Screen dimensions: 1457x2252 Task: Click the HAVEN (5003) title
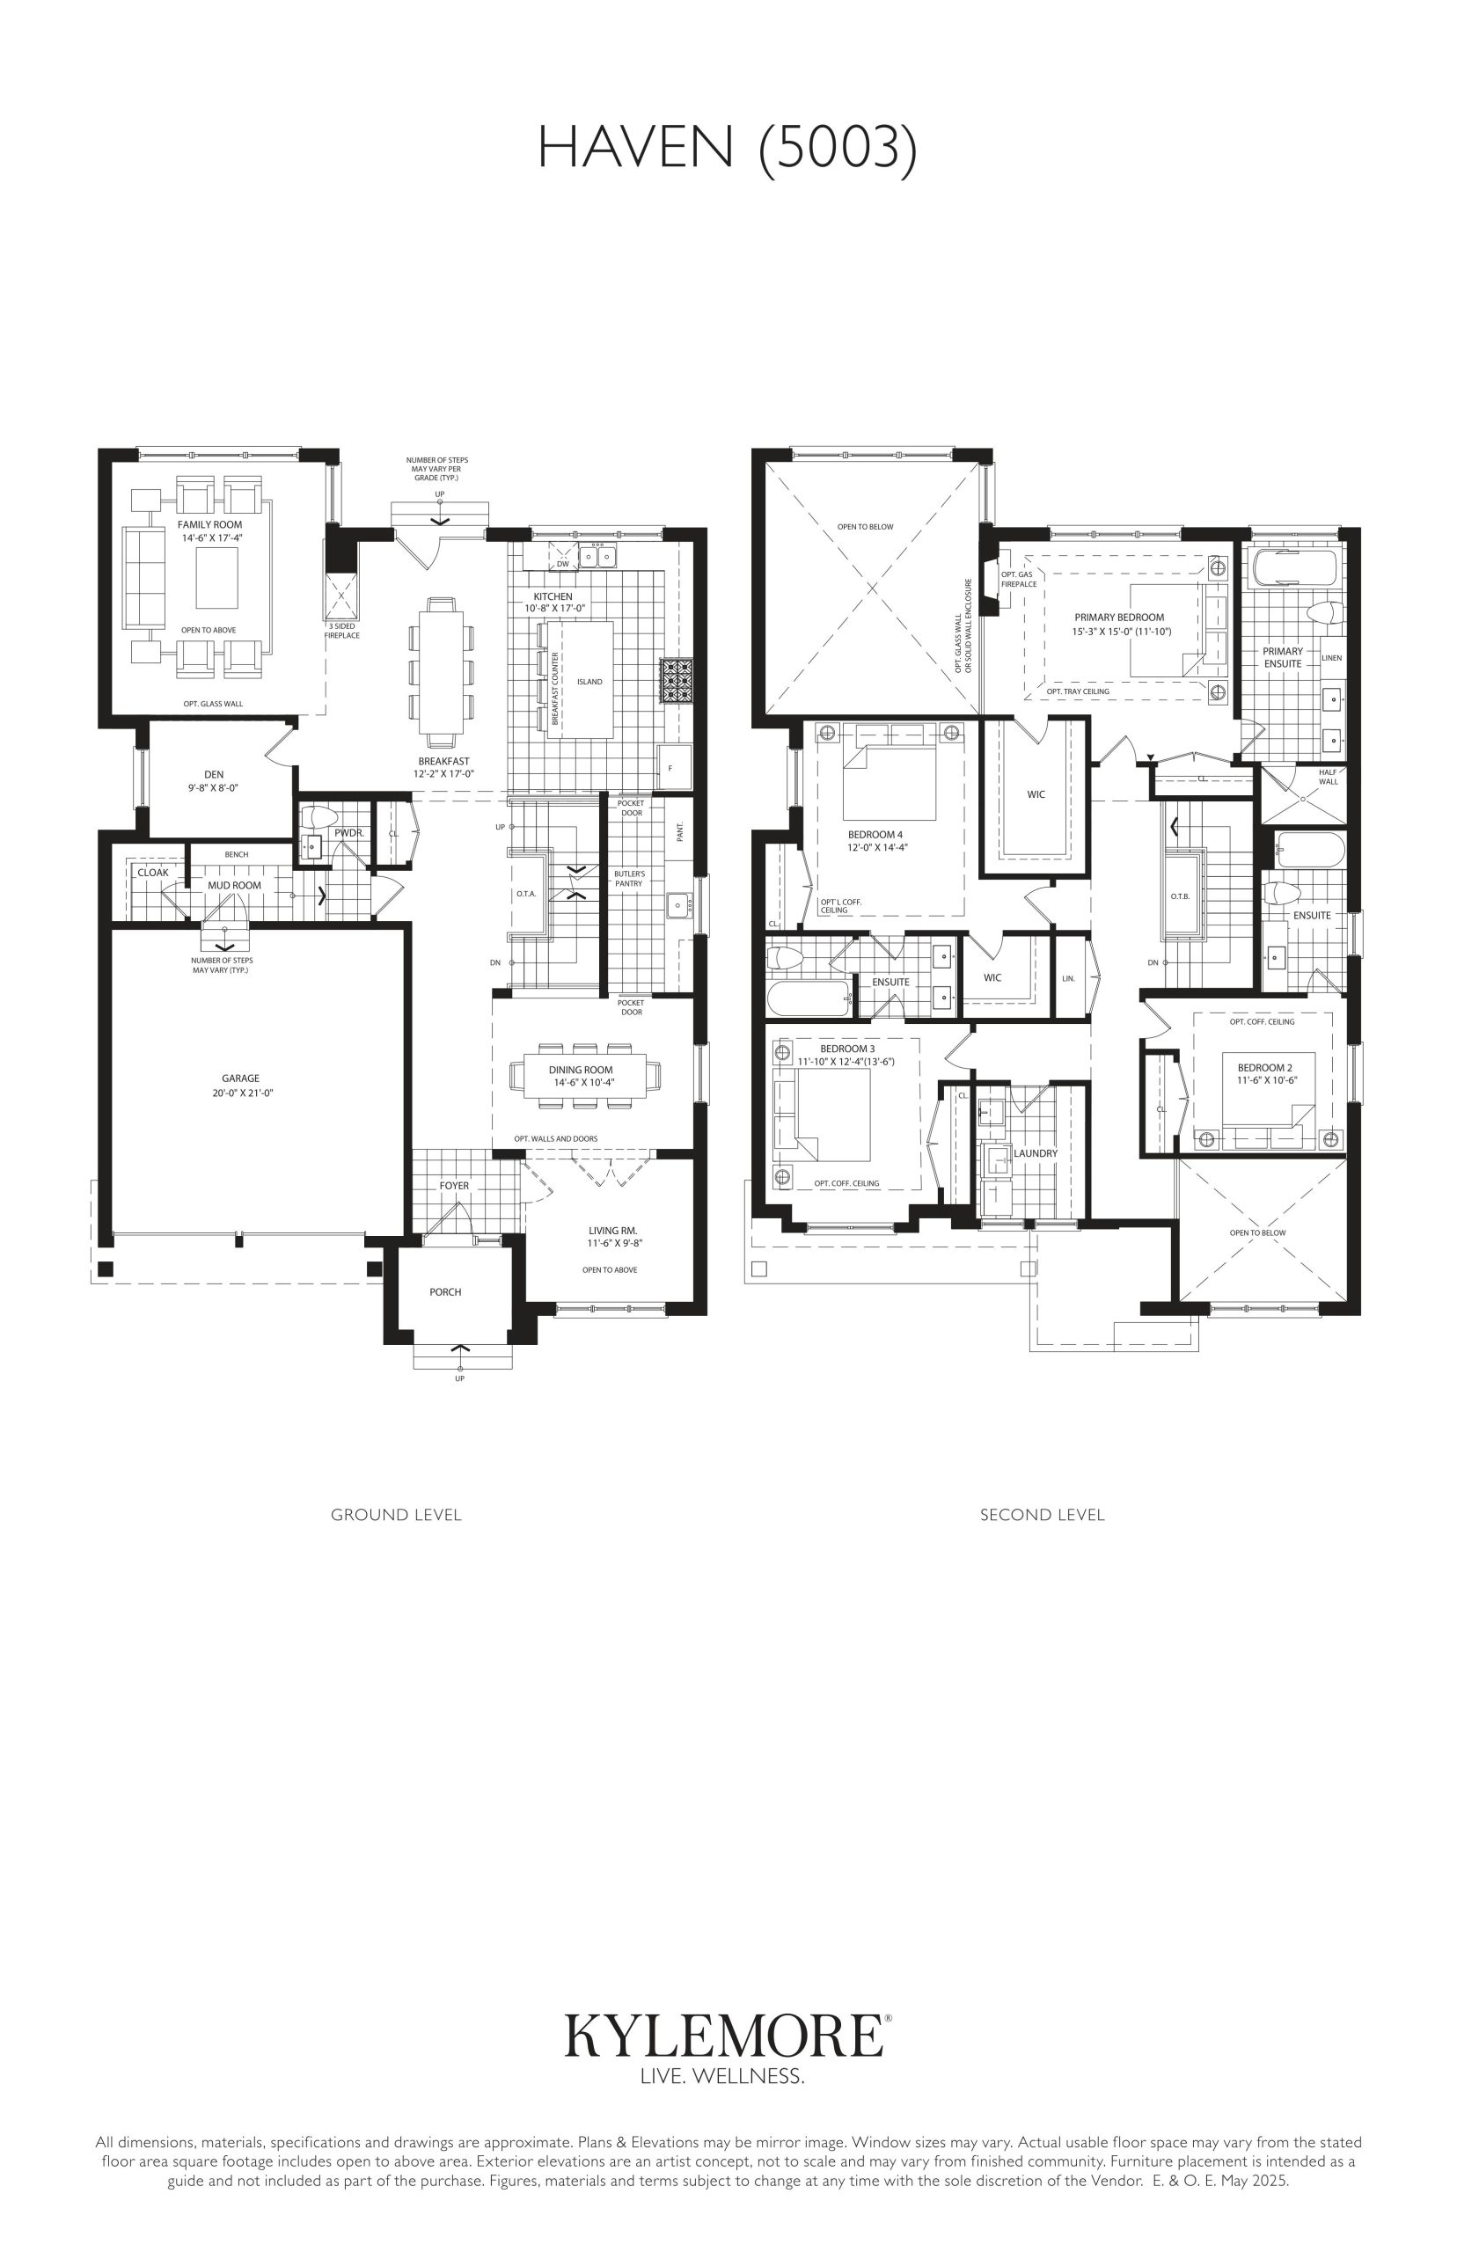click(728, 150)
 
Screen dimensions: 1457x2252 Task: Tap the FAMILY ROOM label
click(210, 525)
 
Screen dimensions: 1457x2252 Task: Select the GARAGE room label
click(240, 1078)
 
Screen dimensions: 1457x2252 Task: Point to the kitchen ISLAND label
click(589, 682)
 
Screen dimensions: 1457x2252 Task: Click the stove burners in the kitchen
click(677, 681)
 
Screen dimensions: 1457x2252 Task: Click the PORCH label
click(445, 1292)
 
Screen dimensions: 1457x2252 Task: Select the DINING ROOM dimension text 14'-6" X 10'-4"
click(581, 1082)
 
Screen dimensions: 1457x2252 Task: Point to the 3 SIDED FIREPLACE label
click(341, 631)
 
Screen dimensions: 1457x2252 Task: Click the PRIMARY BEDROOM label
click(1119, 618)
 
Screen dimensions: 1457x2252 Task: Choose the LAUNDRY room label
click(1036, 1154)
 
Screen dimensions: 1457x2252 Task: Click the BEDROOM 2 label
click(1265, 1068)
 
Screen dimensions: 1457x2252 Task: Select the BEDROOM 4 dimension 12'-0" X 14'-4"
click(878, 848)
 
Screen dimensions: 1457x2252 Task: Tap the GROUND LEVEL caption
click(397, 1514)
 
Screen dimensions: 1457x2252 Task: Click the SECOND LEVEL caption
click(1043, 1514)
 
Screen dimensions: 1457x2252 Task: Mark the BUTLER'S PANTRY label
click(629, 879)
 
